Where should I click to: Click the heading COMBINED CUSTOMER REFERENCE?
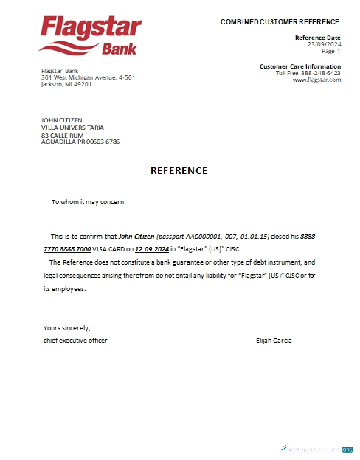click(x=280, y=22)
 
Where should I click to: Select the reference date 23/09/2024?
click(x=324, y=44)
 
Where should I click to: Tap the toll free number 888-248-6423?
click(x=321, y=73)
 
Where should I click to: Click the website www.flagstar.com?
click(x=316, y=80)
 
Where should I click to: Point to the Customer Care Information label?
click(x=300, y=66)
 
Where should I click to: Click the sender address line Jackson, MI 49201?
click(x=66, y=84)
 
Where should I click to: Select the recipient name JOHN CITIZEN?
click(x=62, y=120)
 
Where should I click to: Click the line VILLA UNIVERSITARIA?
click(x=72, y=128)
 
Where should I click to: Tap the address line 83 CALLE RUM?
click(x=63, y=136)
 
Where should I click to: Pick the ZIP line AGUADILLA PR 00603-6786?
click(x=80, y=142)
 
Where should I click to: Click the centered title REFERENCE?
click(x=179, y=171)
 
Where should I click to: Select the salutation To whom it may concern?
click(x=89, y=201)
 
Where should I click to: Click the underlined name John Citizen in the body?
click(x=136, y=237)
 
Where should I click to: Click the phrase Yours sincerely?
click(x=66, y=327)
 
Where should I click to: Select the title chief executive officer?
click(x=75, y=340)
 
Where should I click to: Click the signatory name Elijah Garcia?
click(x=274, y=340)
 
